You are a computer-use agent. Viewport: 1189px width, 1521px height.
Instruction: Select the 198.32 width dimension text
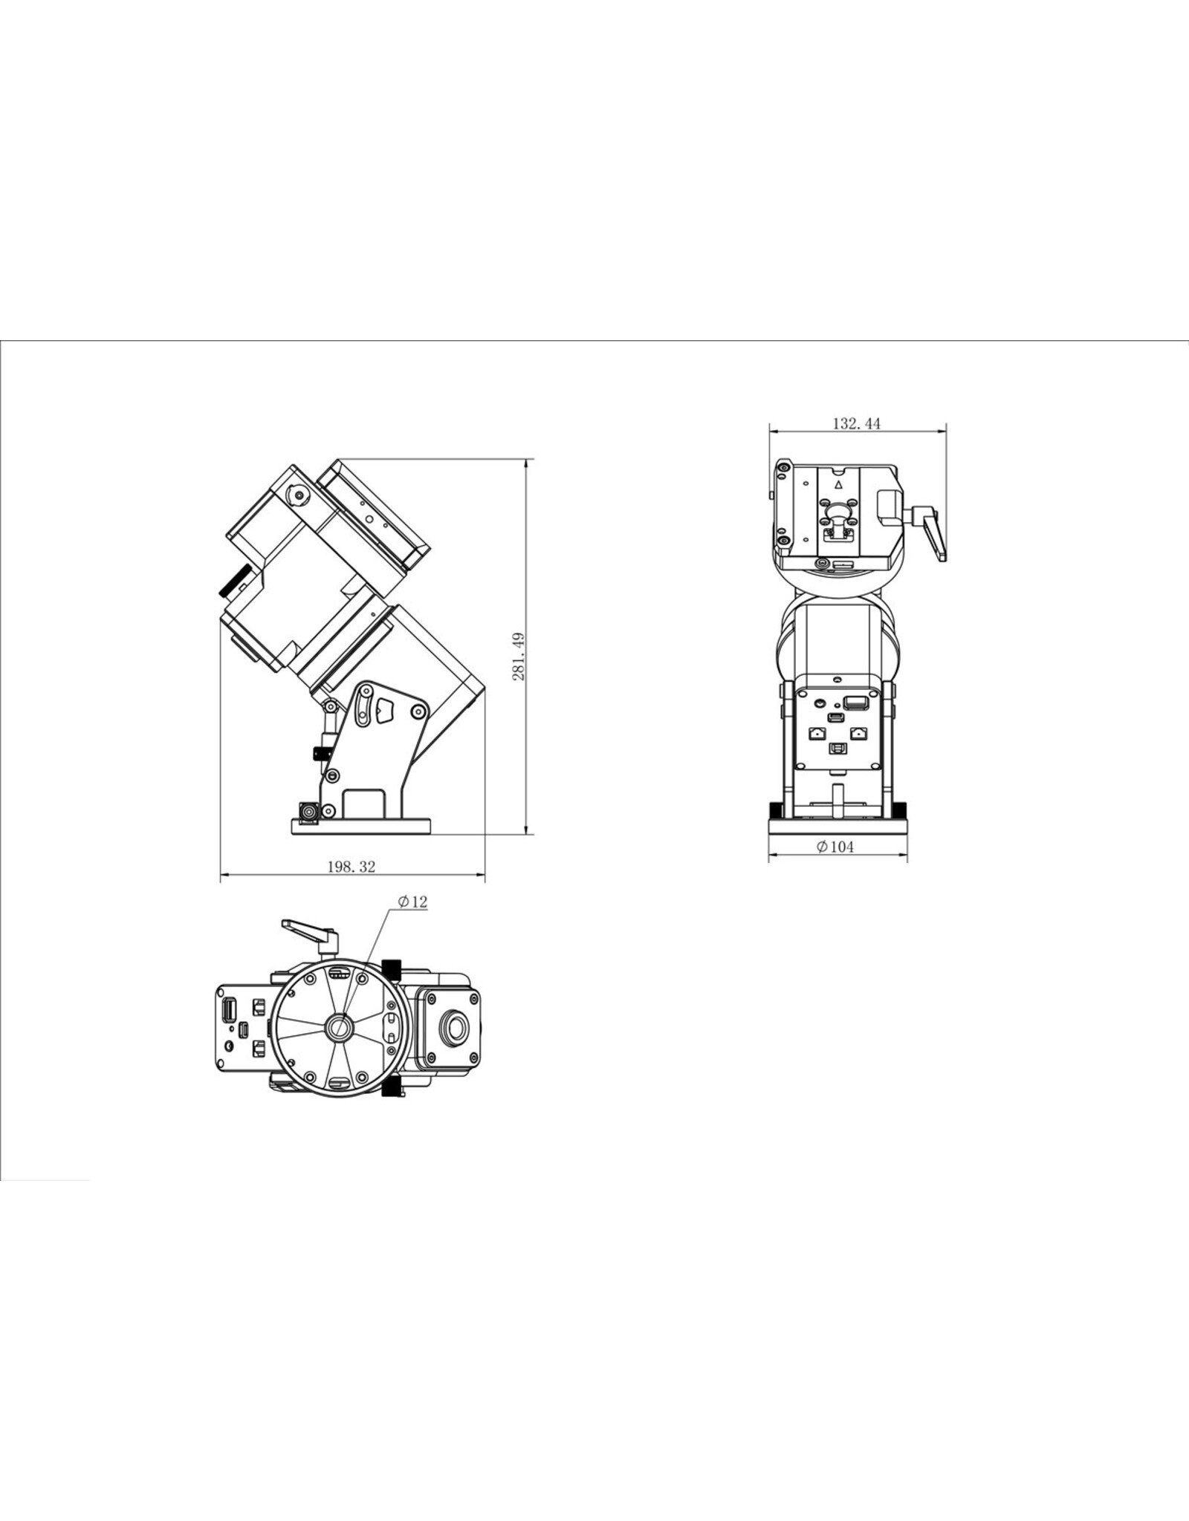coord(351,867)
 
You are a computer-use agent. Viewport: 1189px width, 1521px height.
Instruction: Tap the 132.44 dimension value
coord(856,424)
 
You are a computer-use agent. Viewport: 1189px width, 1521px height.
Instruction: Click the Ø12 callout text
coord(412,902)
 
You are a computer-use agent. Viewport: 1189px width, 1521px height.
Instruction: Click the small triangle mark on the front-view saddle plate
coord(838,484)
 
